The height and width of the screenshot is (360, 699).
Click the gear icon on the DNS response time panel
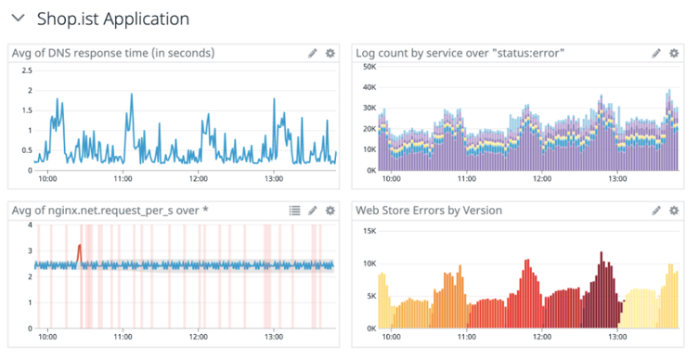click(330, 54)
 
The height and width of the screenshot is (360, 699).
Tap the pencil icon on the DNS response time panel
click(313, 54)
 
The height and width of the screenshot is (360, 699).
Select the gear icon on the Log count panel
click(675, 54)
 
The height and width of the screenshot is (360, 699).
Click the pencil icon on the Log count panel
click(657, 54)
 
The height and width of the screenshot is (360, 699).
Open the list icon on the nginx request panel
click(294, 211)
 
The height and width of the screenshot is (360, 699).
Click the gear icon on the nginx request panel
click(330, 211)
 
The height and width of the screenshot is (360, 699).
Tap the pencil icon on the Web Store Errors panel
click(657, 211)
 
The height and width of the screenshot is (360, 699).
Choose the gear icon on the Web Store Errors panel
click(675, 211)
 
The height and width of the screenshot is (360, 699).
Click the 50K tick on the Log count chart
click(369, 67)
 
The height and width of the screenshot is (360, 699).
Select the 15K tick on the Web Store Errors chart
click(369, 229)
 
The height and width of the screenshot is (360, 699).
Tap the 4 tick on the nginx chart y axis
click(30, 225)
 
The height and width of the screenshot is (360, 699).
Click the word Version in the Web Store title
click(479, 211)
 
